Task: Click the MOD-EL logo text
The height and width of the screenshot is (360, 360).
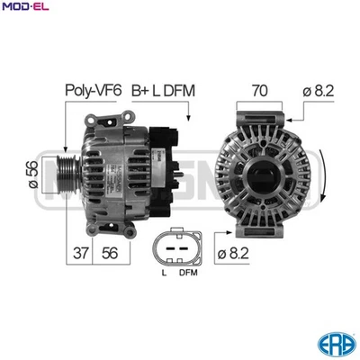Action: [x=24, y=8]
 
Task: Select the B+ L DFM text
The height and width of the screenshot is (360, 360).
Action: [x=163, y=90]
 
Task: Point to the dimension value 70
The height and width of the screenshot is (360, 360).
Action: [x=259, y=90]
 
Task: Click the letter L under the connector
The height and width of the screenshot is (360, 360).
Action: [x=163, y=272]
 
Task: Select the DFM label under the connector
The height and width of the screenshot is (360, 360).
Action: [x=188, y=272]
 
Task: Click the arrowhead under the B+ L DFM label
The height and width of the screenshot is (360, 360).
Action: [x=187, y=118]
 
